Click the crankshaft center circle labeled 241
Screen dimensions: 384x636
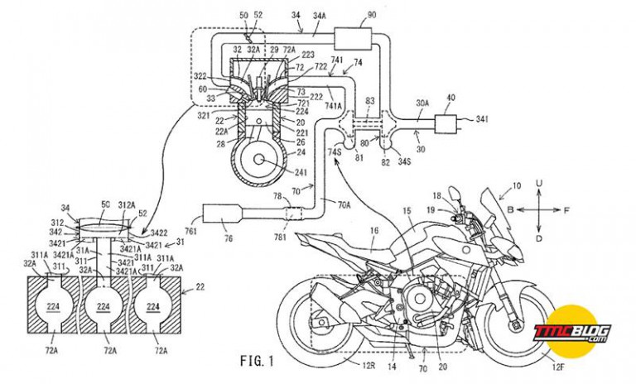point(263,159)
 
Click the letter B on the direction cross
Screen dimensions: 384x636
point(510,210)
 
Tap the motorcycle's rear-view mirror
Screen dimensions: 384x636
point(455,195)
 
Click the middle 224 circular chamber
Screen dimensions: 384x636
point(105,306)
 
